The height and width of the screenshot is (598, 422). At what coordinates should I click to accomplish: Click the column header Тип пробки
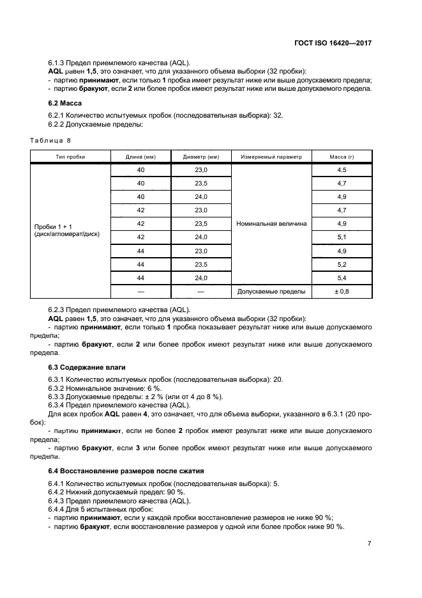point(70,157)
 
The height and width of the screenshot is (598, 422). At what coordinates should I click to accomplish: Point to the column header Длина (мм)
point(141,157)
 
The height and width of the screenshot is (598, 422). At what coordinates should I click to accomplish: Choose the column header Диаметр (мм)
point(201,157)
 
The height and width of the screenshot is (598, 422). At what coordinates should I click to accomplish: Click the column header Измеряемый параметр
point(271,157)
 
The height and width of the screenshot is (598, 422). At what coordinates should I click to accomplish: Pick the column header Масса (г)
point(342,157)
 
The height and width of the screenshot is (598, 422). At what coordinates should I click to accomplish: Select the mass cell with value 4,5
point(342,170)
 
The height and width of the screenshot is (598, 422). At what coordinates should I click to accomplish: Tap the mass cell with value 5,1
point(342,237)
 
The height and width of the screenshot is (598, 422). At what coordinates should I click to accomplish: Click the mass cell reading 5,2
point(342,264)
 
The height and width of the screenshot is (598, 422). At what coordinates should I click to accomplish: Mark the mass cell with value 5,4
point(342,278)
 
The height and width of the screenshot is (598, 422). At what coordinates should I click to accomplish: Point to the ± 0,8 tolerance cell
point(342,292)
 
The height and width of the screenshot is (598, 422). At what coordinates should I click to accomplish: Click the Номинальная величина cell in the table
point(271,224)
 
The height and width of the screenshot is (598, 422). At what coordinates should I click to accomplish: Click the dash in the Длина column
point(141,292)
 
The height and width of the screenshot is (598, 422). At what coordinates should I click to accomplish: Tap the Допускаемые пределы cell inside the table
point(271,292)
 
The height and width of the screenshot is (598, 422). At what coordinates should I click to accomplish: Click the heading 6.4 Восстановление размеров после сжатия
point(126,471)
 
